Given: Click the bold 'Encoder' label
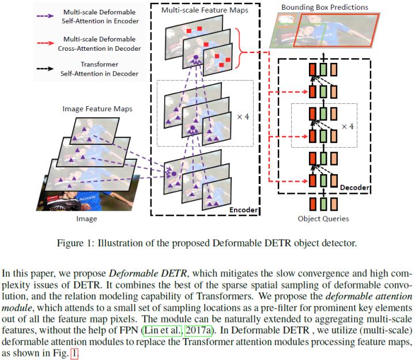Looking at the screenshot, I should tap(243, 210).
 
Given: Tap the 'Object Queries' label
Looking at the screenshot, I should tap(323, 219).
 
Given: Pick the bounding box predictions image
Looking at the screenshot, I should tap(324, 32).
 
